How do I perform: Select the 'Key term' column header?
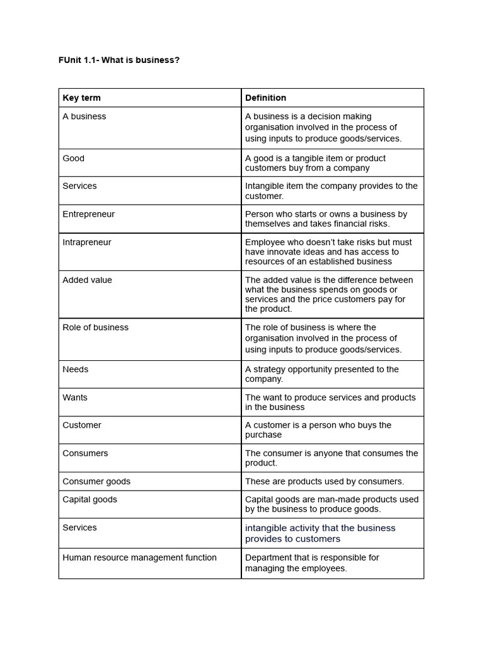point(81,98)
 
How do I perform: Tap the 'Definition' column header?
point(265,98)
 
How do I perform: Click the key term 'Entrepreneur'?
point(88,214)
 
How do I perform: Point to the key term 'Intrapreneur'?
point(86,243)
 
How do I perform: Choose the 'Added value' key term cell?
point(87,280)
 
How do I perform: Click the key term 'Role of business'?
point(95,328)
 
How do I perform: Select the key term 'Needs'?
point(75,370)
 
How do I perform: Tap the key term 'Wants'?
point(75,397)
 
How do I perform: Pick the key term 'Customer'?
point(81,425)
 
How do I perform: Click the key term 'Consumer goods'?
point(96,481)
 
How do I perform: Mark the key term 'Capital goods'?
point(89,499)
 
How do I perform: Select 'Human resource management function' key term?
point(139,557)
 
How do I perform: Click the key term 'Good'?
point(73,158)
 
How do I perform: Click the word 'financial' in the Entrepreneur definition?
point(339,224)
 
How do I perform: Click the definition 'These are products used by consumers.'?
point(325,481)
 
